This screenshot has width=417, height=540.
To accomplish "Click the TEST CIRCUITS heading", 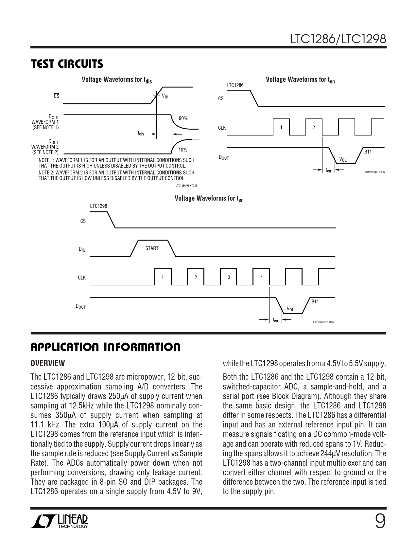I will coord(67,64).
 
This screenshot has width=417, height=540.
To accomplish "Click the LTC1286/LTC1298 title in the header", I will coord(338,39).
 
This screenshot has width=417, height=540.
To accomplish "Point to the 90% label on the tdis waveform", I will coord(183,118).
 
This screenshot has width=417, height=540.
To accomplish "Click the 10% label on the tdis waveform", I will coord(183,150).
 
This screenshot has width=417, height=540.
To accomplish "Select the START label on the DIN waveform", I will coord(152,248).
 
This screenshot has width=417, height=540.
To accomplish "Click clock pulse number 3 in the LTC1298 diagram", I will coord(229,278).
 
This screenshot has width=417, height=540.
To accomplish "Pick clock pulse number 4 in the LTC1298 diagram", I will coord(261,278).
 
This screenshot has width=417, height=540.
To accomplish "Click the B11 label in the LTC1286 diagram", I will coord(368,152).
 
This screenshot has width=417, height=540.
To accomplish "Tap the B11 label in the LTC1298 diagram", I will coord(315,302).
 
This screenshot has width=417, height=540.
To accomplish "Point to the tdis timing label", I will coord(141,134).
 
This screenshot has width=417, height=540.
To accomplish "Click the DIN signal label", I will coord(82,249).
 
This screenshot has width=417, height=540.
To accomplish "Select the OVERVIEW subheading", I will coord(48,363).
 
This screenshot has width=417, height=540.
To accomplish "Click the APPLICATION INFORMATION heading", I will coord(105,348).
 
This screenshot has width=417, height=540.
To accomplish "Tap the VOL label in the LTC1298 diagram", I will coord(290,309).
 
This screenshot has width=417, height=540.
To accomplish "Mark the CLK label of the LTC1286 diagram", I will coord(222,128).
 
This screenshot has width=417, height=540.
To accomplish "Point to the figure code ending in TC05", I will coord(186,186).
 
